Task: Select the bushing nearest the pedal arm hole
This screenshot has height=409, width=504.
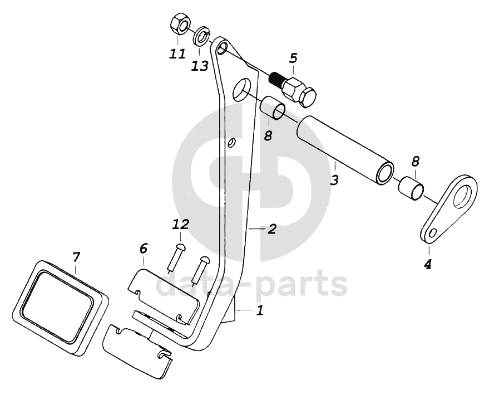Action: click(274, 108)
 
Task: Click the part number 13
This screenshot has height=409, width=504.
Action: click(200, 66)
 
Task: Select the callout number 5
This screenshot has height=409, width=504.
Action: click(293, 58)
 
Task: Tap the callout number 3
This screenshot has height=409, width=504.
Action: click(334, 180)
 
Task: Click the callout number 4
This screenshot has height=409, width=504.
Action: click(427, 265)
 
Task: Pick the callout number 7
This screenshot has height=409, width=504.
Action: click(76, 257)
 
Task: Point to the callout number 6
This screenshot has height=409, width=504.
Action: click(143, 247)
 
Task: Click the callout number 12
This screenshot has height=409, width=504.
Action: click(180, 225)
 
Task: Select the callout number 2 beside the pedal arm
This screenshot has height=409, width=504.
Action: click(272, 228)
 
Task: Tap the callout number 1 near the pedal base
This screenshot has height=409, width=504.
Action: click(260, 311)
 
